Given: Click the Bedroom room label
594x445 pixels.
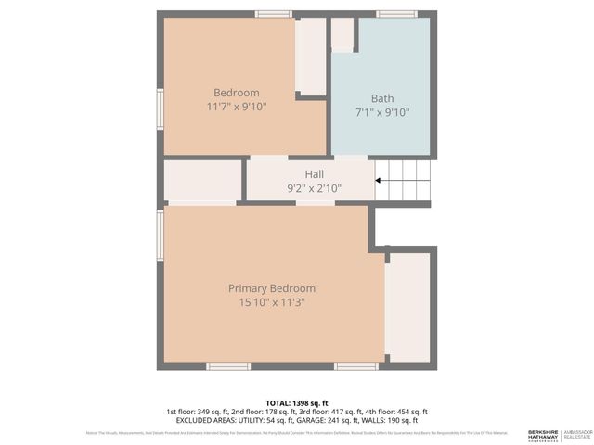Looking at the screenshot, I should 237,93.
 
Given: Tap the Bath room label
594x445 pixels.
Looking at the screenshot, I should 381,98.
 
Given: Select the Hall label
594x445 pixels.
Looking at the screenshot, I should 314,173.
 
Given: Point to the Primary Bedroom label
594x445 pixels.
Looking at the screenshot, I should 272,288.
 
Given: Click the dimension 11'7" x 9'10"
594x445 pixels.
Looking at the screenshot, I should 237,107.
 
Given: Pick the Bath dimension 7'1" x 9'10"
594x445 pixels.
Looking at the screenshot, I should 381,112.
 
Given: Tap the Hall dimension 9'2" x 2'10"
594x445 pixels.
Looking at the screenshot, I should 314,188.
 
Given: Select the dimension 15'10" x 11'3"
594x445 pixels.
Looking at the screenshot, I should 272,302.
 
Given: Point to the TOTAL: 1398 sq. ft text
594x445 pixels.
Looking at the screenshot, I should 296,401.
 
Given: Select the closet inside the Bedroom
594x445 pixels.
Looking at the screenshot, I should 310,56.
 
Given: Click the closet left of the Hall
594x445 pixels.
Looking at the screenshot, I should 202,180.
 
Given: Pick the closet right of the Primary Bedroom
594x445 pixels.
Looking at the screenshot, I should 407,306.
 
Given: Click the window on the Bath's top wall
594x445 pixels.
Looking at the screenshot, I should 396,14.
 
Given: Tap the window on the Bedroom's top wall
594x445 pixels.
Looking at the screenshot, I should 274,14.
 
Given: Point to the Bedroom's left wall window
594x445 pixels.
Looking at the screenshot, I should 160,108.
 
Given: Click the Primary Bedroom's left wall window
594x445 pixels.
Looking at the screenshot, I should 160,235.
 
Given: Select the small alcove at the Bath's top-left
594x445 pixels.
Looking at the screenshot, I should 342,33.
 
